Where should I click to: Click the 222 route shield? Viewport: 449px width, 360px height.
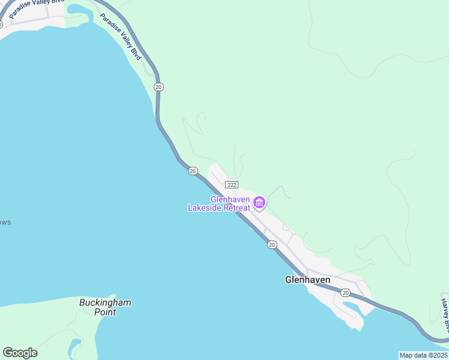click(x=232, y=185)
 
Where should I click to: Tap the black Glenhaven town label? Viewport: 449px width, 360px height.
click(x=307, y=280)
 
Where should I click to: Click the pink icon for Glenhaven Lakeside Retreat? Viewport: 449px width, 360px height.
click(x=259, y=203)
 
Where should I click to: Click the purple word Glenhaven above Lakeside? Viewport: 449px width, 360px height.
click(x=230, y=199)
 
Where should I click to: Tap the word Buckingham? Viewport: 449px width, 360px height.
click(x=105, y=302)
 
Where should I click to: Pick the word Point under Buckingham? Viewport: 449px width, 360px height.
click(x=105, y=312)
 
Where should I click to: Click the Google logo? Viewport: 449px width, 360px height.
click(x=20, y=353)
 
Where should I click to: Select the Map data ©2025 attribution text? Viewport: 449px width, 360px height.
click(x=423, y=355)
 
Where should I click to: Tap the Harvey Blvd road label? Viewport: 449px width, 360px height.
click(x=445, y=315)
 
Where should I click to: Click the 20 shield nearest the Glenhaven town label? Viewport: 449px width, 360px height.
click(x=345, y=292)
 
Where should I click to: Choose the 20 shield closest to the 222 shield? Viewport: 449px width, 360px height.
click(x=192, y=171)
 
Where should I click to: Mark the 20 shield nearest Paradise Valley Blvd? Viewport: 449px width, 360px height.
click(x=158, y=87)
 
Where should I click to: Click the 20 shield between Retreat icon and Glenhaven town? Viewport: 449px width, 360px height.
click(x=272, y=244)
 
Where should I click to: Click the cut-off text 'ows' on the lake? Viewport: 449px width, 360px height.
click(x=5, y=223)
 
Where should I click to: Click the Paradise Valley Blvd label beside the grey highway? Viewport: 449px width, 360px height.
click(x=121, y=36)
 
